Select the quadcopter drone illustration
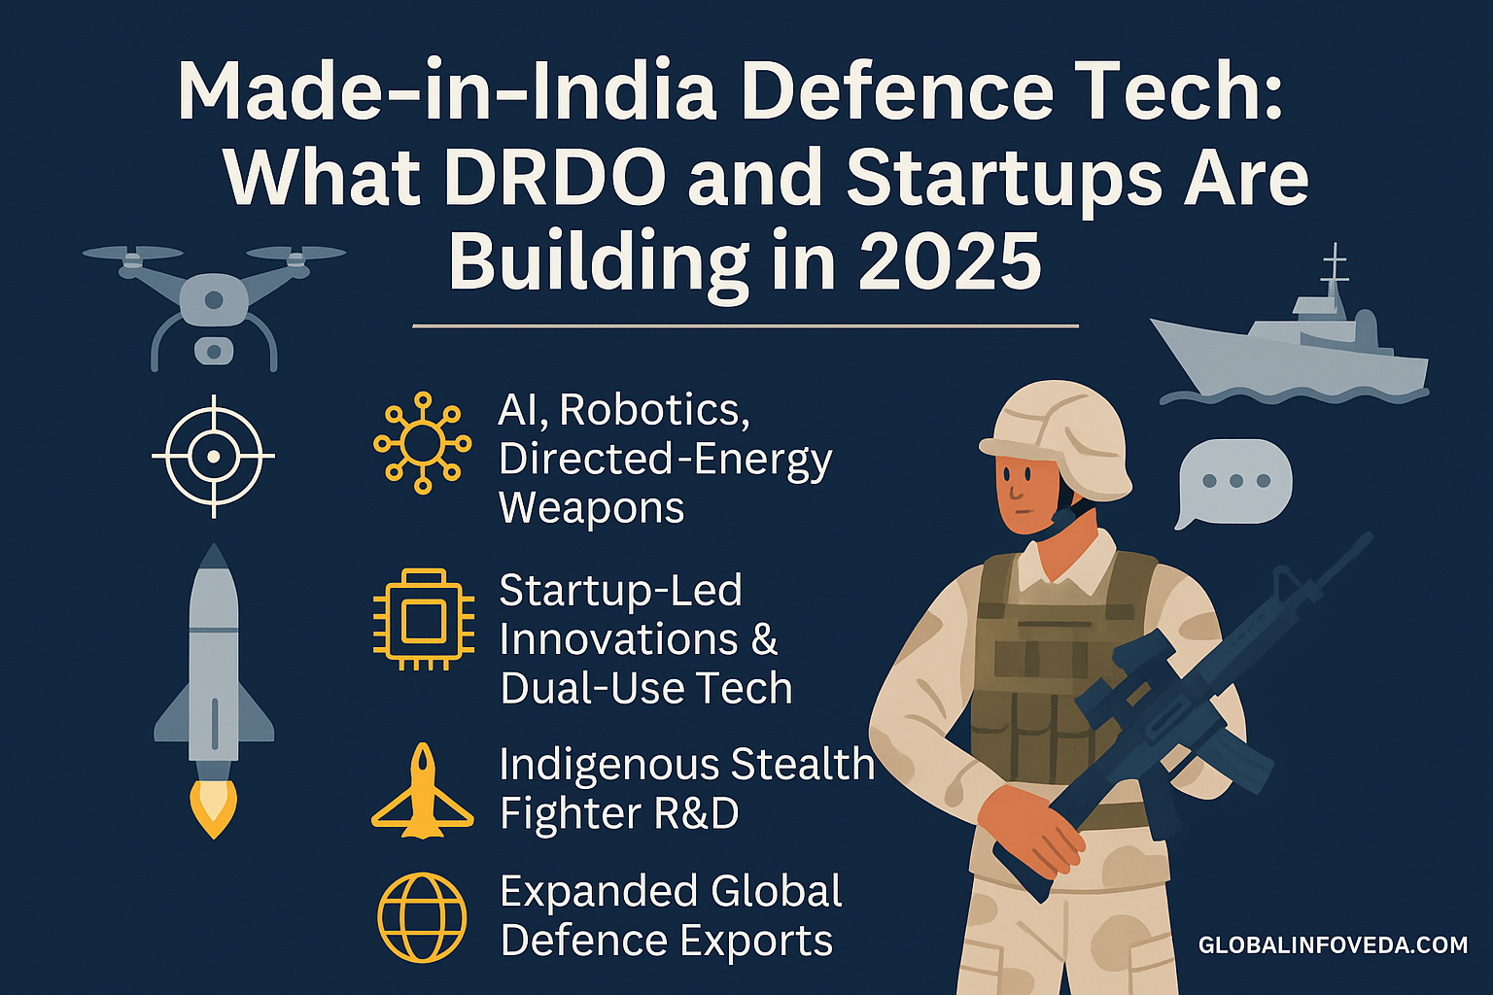click(x=214, y=307)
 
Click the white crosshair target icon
click(x=213, y=456)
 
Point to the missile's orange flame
click(x=213, y=808)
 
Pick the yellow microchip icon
click(x=423, y=619)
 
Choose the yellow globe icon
click(x=422, y=917)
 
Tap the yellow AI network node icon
click(x=423, y=443)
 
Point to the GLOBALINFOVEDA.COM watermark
click(x=1333, y=944)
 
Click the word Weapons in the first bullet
click(x=592, y=508)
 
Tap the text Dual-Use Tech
click(x=645, y=688)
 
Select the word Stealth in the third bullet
click(x=803, y=764)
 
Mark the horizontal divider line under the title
click(x=746, y=326)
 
